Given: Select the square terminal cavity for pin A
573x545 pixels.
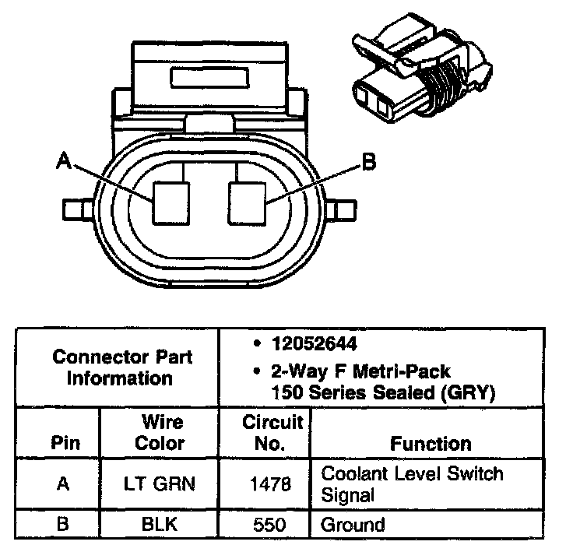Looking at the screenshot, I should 171,202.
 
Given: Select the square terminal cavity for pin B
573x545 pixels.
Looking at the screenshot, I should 247,202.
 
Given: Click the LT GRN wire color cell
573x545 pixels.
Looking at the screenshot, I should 159,483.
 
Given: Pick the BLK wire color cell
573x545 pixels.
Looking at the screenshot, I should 159,525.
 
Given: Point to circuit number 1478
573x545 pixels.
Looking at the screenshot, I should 272,483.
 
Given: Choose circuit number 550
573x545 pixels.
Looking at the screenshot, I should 272,525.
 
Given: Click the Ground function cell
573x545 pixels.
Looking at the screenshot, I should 353,525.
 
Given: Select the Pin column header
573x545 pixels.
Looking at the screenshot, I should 65,444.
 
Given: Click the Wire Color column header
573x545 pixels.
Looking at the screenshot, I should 160,433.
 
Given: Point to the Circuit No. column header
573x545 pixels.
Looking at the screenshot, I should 272,433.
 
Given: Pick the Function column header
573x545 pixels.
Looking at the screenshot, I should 431,444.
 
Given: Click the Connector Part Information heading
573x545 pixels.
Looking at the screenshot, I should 122,368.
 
